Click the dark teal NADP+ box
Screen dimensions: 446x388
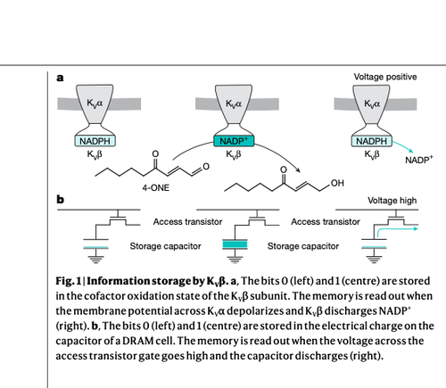point(234,141)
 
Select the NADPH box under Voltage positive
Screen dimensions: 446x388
point(372,141)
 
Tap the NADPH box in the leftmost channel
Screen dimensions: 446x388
point(95,141)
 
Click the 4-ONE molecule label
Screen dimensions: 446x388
point(156,188)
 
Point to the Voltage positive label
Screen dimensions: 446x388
point(385,77)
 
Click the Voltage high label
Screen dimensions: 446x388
point(392,201)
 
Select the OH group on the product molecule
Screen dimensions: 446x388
point(337,183)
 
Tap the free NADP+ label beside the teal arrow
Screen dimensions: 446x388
point(419,160)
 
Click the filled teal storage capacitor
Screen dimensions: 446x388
point(235,244)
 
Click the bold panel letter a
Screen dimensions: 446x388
point(60,78)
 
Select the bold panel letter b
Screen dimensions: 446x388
point(60,199)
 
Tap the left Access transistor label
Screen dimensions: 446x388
point(187,222)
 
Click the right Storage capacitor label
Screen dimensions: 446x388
point(303,246)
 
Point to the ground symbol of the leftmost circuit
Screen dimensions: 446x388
point(95,259)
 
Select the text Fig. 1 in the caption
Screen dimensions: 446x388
point(69,281)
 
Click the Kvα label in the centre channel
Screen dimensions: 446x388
point(234,103)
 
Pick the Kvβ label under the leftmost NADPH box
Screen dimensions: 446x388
point(95,154)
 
